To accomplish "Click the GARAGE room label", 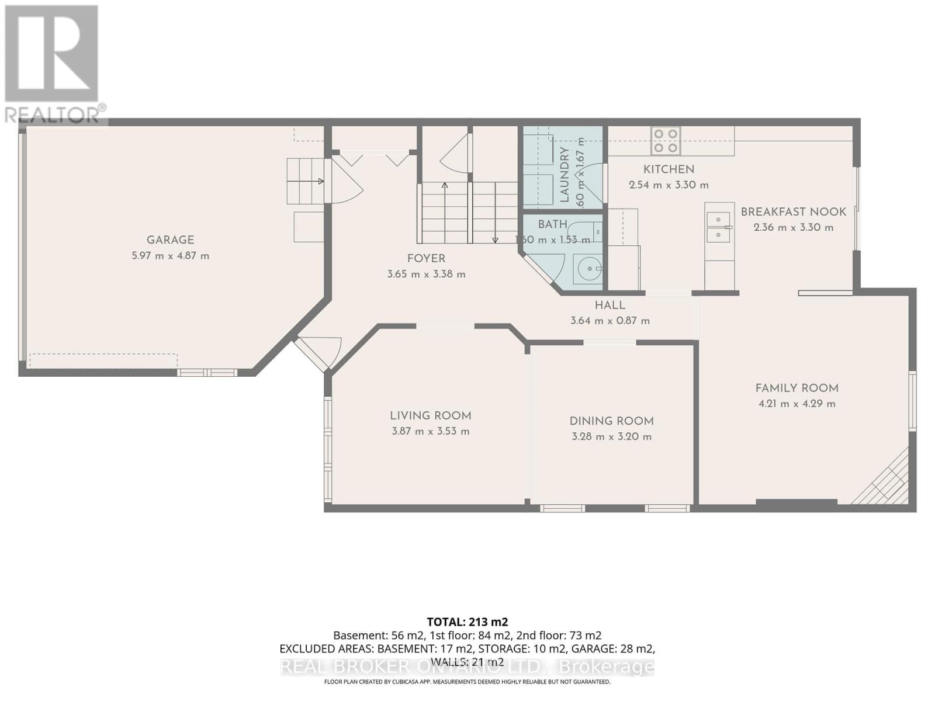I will point(170,240).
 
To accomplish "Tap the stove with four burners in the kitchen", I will point(666,141).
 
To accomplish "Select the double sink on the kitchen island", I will point(718,227).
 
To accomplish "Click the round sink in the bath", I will point(587,269).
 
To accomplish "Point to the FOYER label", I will point(426,259).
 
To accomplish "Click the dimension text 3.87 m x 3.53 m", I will point(431,432).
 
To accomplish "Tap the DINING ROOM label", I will point(611,421).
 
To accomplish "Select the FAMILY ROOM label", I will point(797,388).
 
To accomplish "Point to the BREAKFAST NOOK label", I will point(793,212).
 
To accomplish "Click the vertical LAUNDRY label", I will point(565,175).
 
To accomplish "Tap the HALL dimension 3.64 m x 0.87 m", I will point(610,321).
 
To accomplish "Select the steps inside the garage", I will point(304,181).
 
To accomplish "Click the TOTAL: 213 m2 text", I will point(467,622).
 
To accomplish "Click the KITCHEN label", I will point(669,169).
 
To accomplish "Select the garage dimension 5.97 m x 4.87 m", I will point(170,256).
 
